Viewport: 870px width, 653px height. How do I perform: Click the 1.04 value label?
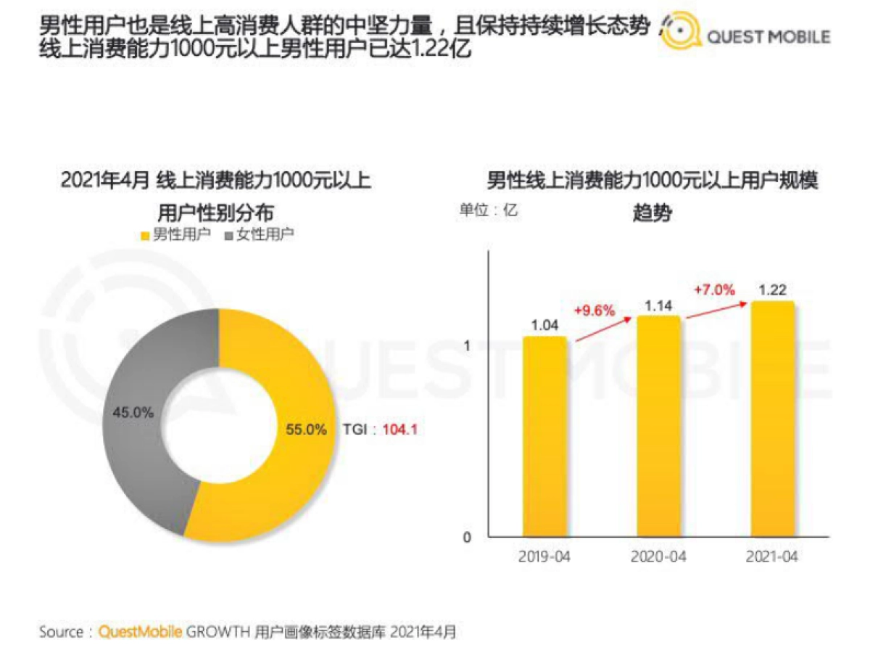click(x=544, y=324)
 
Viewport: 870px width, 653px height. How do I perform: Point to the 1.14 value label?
click(x=658, y=305)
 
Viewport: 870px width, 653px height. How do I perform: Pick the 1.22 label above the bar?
click(x=772, y=289)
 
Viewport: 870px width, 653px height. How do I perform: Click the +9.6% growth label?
click(x=594, y=311)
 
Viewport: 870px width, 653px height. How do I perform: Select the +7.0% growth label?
click(x=714, y=289)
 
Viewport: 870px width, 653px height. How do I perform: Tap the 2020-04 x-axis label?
click(x=658, y=557)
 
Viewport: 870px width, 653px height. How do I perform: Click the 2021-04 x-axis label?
click(x=772, y=557)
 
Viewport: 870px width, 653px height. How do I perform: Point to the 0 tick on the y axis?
click(x=467, y=538)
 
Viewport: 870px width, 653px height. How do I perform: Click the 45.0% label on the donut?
click(x=133, y=412)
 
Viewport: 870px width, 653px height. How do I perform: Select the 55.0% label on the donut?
click(x=305, y=429)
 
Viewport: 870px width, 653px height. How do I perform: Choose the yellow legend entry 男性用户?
click(x=174, y=234)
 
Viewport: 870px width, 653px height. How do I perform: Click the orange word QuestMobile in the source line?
click(x=141, y=632)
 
